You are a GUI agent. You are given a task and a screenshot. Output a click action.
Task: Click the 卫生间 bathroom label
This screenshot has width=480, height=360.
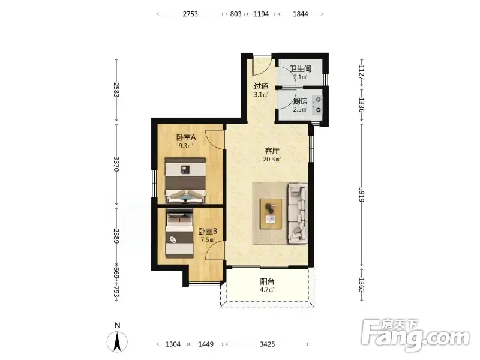(x=301, y=68)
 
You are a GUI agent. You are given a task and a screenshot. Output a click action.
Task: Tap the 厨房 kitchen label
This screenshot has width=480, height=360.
(x=300, y=101)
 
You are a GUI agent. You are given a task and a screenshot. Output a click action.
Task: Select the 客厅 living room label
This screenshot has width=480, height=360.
(x=272, y=151)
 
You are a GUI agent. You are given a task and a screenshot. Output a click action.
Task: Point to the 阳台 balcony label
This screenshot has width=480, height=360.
(x=267, y=281)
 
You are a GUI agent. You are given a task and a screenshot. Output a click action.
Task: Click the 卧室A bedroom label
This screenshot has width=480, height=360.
(x=186, y=137)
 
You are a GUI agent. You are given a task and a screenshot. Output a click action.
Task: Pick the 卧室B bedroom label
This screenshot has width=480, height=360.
(x=208, y=232)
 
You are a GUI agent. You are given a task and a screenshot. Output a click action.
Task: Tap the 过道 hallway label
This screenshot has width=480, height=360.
(x=261, y=86)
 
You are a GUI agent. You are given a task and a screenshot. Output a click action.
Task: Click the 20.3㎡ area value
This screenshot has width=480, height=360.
(x=272, y=159)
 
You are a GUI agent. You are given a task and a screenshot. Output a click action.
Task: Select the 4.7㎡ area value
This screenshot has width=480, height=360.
(x=267, y=290)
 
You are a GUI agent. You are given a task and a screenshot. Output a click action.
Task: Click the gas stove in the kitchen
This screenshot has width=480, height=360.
(x=317, y=104)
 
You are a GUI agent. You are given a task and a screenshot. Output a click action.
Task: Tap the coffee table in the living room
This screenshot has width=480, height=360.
(x=271, y=214)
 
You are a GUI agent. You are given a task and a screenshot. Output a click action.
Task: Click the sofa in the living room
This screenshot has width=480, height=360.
(x=298, y=214)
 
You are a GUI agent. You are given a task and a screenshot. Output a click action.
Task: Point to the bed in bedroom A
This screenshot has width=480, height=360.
(x=185, y=181)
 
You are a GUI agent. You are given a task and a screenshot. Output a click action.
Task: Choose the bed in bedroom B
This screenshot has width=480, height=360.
(x=179, y=233)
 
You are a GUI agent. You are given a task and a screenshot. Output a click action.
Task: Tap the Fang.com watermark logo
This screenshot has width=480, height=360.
(x=415, y=335)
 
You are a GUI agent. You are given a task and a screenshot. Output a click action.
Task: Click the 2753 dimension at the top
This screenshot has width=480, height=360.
(x=190, y=14)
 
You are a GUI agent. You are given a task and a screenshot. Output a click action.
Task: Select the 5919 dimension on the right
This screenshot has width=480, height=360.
(x=362, y=194)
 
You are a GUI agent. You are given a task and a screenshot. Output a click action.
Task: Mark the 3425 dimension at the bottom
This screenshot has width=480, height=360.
(x=268, y=344)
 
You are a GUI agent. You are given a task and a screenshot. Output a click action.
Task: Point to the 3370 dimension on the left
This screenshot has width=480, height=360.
(x=116, y=164)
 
